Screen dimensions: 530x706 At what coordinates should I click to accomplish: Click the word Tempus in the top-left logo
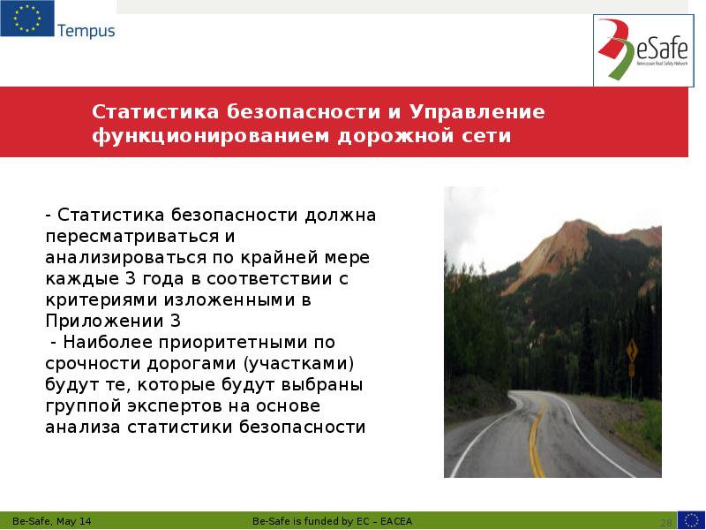(x=86, y=31)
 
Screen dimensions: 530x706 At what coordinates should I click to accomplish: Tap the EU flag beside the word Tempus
(x=27, y=19)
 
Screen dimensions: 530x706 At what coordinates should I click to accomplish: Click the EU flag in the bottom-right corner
(x=690, y=519)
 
